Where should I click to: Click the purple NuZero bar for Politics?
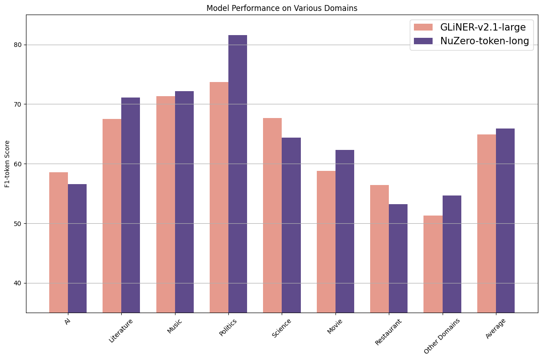[x=237, y=174]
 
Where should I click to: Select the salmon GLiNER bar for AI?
[x=58, y=242]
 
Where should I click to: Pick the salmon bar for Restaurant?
[x=379, y=248]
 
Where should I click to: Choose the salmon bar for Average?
[x=486, y=223]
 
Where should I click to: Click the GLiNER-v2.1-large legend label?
[x=483, y=27]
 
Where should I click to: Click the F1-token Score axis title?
[x=7, y=164]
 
